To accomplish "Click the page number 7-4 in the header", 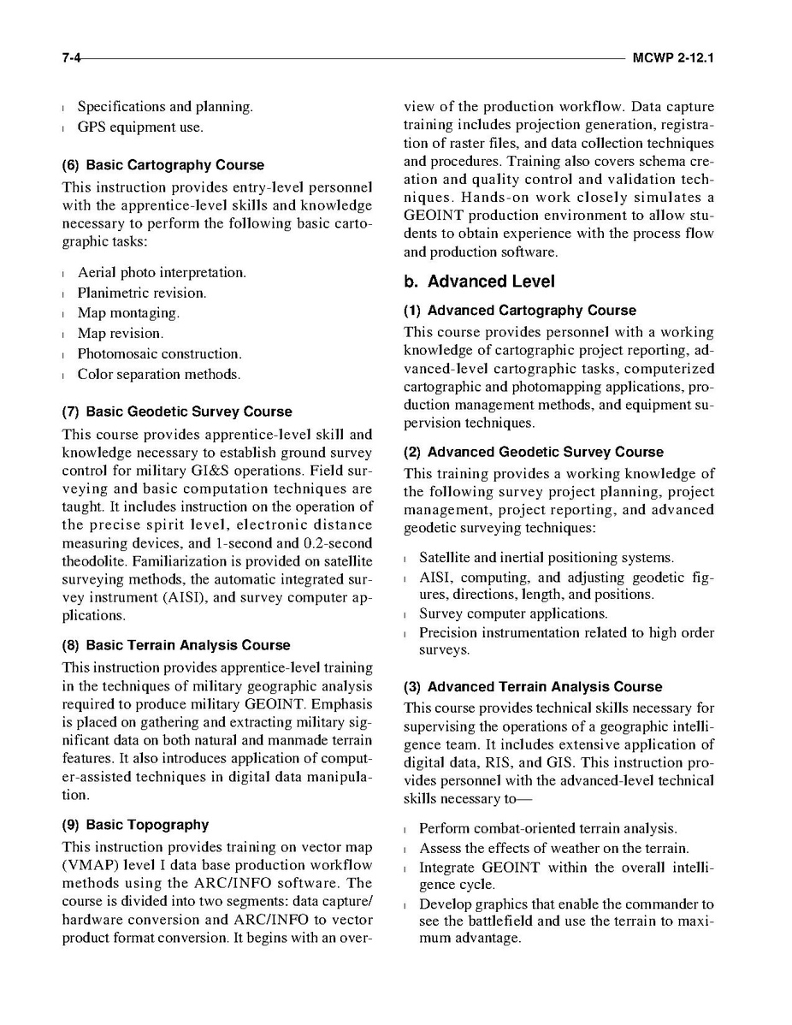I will [x=71, y=58].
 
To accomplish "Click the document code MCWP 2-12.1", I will [x=673, y=58].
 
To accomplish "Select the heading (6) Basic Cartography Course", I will [x=163, y=165].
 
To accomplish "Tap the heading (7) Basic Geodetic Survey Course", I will [x=177, y=412].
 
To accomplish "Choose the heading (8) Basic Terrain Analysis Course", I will [x=176, y=645].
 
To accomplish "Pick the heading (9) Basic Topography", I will [x=135, y=825].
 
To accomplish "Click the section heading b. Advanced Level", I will [x=479, y=281].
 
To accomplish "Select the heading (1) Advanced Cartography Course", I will [x=520, y=311].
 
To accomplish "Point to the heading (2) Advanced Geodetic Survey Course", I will [x=534, y=452].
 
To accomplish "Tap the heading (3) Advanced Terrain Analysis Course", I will [x=533, y=687].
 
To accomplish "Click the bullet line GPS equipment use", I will [x=140, y=127].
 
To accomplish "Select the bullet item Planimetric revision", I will [x=141, y=293].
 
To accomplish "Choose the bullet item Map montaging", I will [x=128, y=313].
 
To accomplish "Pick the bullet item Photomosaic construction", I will [x=159, y=353].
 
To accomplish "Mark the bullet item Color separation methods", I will [x=158, y=374].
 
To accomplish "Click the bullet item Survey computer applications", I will [x=513, y=613].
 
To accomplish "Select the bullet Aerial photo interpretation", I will [x=162, y=272].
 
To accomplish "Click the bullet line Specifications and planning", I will [x=165, y=107].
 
